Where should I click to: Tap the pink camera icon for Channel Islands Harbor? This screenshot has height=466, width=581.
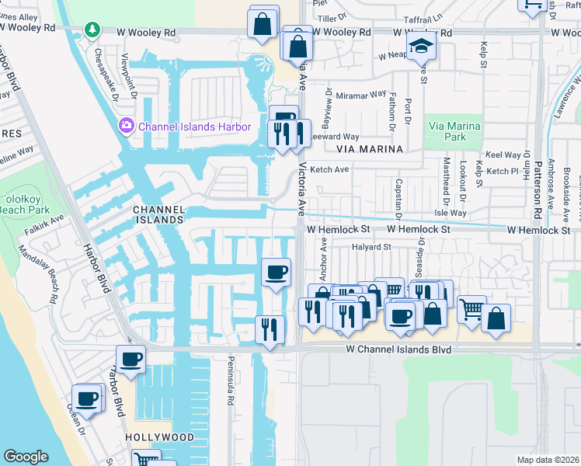pyautogui.click(x=127, y=126)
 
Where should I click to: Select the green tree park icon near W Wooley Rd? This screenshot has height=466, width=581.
pyautogui.click(x=92, y=30)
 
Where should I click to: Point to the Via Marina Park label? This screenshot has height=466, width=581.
pyautogui.click(x=454, y=131)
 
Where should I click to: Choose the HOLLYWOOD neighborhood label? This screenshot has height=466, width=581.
pyautogui.click(x=160, y=437)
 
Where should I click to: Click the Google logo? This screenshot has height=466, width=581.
pyautogui.click(x=26, y=457)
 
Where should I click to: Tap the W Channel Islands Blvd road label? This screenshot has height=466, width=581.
pyautogui.click(x=398, y=350)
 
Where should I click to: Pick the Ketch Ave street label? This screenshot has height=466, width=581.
pyautogui.click(x=329, y=169)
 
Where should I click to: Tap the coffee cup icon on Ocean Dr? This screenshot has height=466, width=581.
pyautogui.click(x=87, y=397)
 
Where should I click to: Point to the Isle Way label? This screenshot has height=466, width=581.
pyautogui.click(x=451, y=212)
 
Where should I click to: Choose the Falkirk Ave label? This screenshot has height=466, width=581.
pyautogui.click(x=46, y=221)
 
